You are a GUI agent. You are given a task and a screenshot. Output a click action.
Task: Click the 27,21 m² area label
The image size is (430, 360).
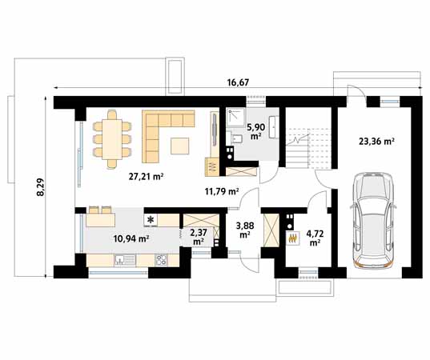coord(147,177)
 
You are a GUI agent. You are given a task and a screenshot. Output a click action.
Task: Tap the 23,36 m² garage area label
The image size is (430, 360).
coord(377,142)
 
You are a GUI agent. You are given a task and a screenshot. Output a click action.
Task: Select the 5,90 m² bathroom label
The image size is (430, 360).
coord(255,131)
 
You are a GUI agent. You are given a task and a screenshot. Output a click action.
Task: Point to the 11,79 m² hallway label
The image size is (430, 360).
coord(221,191)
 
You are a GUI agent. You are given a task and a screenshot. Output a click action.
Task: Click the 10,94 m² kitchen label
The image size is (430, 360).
coord(131,238)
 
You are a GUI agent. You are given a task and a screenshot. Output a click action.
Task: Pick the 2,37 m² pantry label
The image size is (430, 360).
coord(199,237)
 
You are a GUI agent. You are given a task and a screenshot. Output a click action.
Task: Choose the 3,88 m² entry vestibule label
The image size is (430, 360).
coord(245,230)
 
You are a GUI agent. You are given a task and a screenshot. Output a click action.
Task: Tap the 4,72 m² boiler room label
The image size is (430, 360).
coord(315,238)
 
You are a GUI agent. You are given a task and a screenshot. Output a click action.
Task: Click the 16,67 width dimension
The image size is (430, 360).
coord(238,82)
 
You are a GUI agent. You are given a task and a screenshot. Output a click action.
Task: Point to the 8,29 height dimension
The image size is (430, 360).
coord(40,187)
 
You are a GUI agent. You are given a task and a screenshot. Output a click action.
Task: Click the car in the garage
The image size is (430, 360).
coord(373,220)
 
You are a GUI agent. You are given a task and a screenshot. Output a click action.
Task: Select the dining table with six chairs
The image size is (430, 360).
coord(112,139)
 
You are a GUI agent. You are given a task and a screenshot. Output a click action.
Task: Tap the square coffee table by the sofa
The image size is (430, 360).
coord(180,146)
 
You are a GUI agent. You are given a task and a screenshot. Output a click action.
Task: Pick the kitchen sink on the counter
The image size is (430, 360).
coord(125,260)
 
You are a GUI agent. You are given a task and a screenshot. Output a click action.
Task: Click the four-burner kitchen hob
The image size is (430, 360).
coord(161,260)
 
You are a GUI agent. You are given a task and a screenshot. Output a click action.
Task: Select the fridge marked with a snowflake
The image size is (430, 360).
coord(151,220)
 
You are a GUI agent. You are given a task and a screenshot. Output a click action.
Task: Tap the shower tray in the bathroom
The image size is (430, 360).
coord(235,118)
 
